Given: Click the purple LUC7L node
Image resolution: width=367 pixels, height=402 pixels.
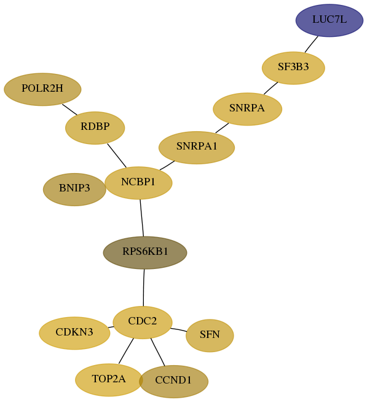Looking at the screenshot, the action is point(330,20).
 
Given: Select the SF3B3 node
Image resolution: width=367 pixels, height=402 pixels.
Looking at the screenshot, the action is point(293,68).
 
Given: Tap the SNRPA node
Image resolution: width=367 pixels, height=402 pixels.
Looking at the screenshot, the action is point(248,109).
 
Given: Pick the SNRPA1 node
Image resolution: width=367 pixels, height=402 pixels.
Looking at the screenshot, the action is point(197,147).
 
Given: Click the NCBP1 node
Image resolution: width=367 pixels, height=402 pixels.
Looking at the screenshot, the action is point(138,183).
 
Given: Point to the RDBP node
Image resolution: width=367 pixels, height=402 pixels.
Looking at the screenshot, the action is point(95,127).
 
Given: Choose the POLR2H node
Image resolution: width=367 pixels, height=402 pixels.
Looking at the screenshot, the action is point(42,89).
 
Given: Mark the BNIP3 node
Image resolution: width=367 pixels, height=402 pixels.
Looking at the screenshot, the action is point(74,189).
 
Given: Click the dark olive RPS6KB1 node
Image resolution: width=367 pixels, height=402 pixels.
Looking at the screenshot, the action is point(145,252).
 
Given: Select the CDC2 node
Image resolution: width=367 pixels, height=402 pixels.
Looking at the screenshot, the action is point(143,322).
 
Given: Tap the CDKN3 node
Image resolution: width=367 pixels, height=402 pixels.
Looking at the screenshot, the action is point(74,333).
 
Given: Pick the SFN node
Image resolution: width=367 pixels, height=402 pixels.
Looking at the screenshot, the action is point(210,336).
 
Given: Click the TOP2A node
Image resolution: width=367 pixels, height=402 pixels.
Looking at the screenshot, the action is point(109,380).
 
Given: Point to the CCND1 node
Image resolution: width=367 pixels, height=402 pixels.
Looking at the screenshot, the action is point(173,381).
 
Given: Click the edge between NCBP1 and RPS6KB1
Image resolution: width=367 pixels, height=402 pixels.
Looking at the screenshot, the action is point(142,218).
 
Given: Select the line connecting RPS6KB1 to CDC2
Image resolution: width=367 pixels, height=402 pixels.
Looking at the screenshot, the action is point(144,287).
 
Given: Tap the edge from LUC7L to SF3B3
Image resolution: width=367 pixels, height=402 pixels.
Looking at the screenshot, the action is point(312,44).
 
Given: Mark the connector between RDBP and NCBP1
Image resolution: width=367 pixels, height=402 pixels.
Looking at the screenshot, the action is point(117,156).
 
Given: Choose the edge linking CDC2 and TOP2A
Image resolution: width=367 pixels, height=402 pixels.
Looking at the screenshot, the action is point(126,351).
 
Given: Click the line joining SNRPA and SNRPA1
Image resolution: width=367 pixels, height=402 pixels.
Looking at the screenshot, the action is point(222,128).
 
